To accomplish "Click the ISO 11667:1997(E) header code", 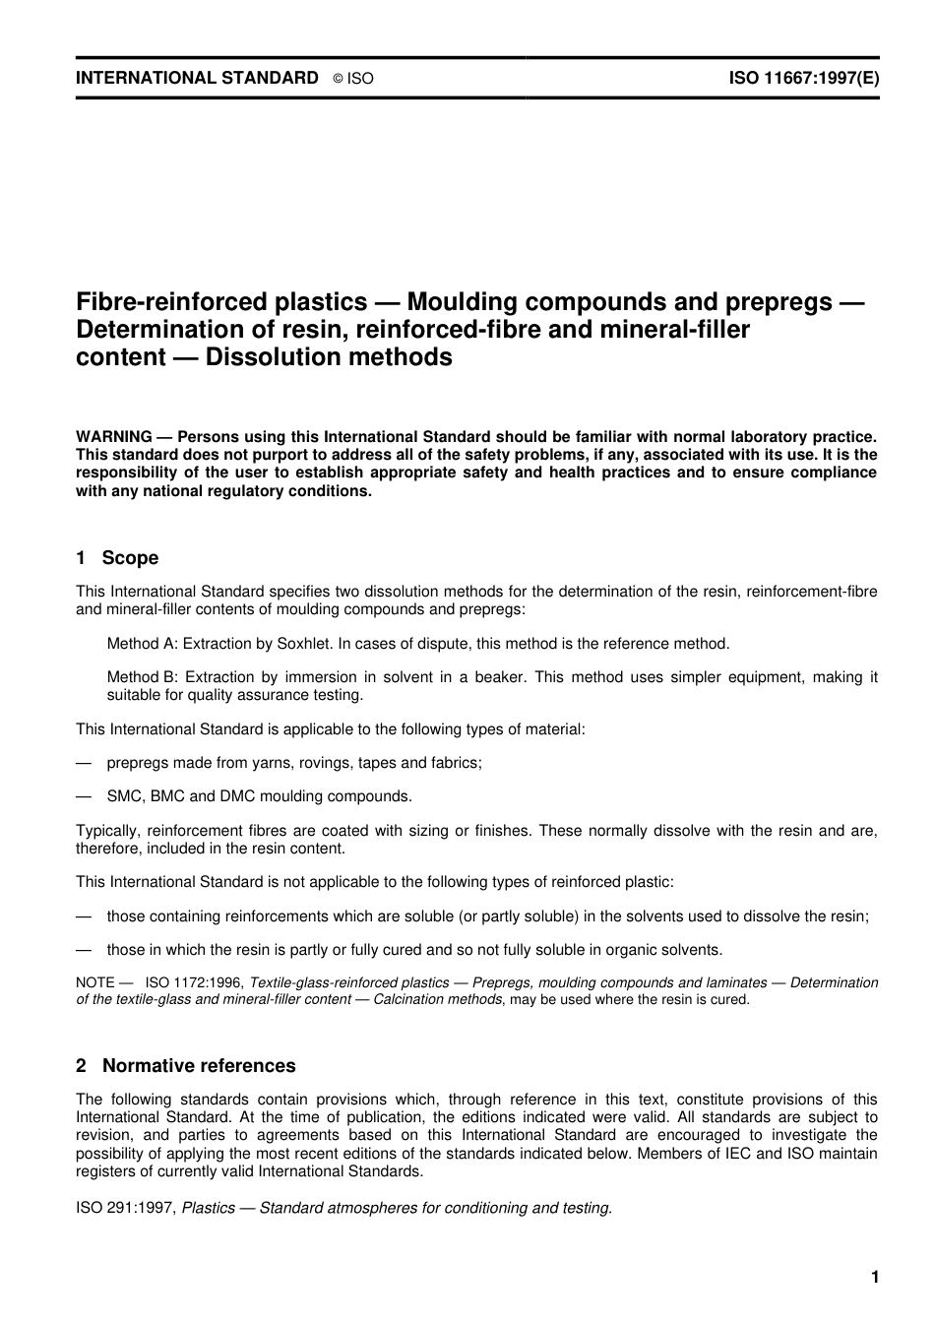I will (x=803, y=78).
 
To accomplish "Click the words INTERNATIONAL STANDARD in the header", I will (x=197, y=78).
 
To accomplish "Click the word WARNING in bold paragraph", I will (x=114, y=436).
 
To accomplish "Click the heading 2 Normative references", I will (x=185, y=1066).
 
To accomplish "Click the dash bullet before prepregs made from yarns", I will (x=84, y=763).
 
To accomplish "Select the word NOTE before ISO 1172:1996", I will (x=96, y=982).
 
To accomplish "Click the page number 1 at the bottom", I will (x=874, y=1278).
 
